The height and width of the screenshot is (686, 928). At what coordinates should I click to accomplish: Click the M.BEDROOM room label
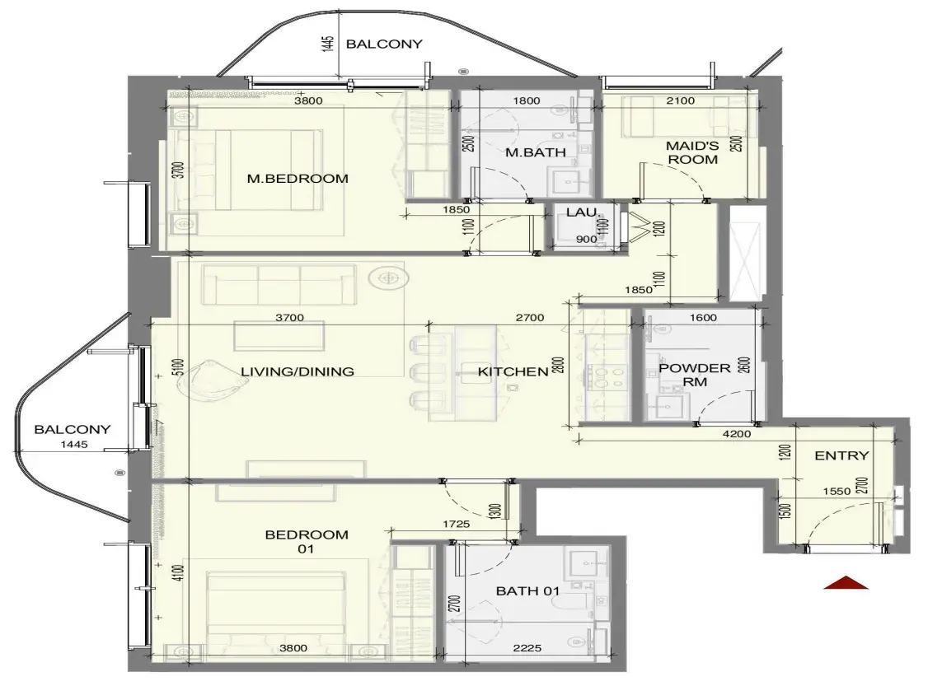pos(298,179)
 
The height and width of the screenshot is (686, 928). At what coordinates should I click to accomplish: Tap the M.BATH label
pos(536,152)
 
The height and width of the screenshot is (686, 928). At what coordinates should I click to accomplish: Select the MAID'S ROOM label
pos(692,152)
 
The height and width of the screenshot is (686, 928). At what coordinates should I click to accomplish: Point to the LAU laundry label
pos(581,212)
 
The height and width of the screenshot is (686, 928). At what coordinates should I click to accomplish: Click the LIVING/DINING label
pos(298,372)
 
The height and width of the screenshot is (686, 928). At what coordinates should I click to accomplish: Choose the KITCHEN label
pos(513,372)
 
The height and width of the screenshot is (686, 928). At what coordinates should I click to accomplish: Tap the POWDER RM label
pos(695,375)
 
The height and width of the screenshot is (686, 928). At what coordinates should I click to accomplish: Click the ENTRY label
pos(841,455)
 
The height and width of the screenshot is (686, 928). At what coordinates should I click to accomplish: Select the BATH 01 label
pos(527,590)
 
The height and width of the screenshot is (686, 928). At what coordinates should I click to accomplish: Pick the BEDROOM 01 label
pos(307,542)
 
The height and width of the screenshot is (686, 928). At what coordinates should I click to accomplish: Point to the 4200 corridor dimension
pos(737,434)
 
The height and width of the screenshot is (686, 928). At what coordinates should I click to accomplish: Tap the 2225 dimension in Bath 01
pos(527,648)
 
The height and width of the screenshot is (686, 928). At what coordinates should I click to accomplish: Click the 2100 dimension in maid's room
pos(681,101)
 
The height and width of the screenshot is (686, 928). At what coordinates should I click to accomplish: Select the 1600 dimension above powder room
pos(703,318)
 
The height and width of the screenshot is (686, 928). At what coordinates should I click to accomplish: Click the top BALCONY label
pos(384,44)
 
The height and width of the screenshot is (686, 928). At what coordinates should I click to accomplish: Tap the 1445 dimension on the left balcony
pos(74,444)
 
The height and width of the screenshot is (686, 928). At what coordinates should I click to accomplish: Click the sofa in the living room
pos(279,285)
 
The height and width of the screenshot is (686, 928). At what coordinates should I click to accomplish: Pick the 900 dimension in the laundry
pos(587,240)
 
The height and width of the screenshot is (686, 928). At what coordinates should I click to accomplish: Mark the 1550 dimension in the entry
pos(837,491)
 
